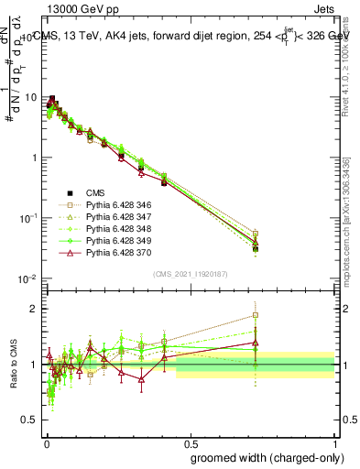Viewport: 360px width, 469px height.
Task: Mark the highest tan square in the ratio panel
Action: point(255,315)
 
